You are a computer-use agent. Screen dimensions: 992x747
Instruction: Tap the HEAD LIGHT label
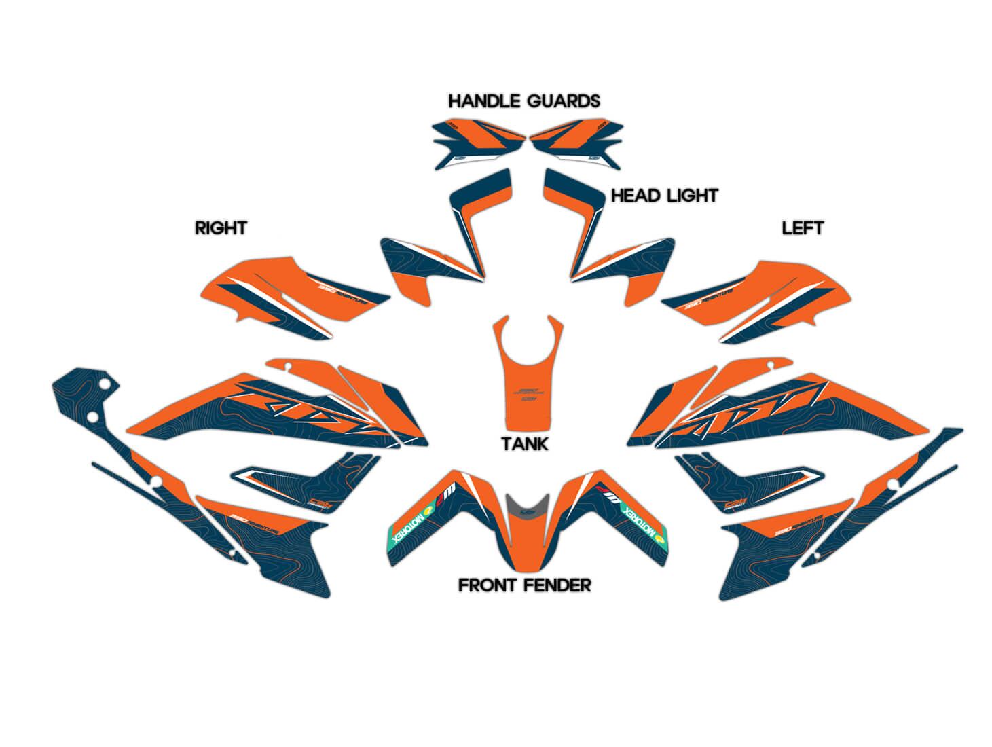click(664, 196)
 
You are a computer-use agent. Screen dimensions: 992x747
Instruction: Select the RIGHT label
click(221, 228)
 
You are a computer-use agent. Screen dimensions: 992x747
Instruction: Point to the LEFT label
click(802, 228)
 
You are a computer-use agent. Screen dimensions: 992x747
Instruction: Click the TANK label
click(524, 445)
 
